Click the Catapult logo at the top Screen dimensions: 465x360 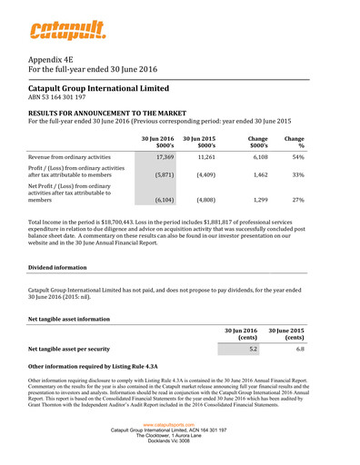(x=66, y=35)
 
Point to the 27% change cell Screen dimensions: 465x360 (x=297, y=210)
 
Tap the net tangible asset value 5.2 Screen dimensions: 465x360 (x=253, y=349)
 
